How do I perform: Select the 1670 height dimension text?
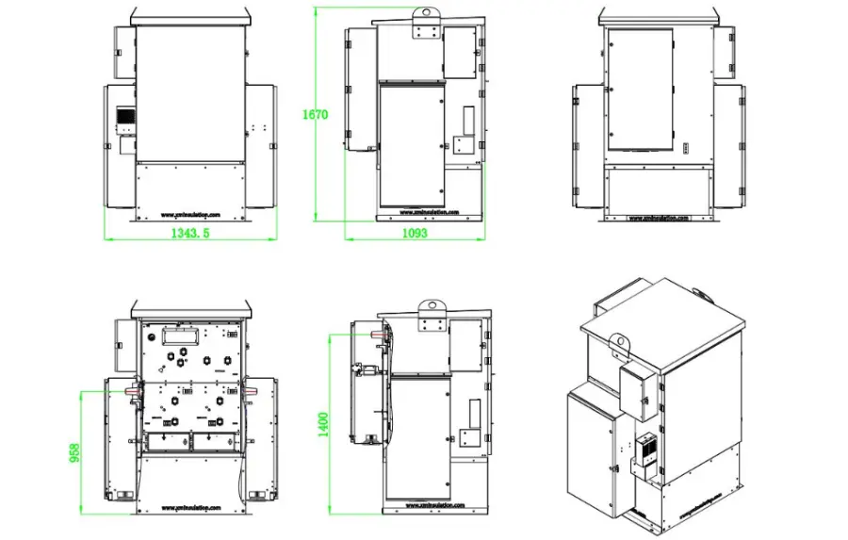tap(315, 115)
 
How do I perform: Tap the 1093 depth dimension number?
tap(416, 233)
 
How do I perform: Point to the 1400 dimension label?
tap(324, 423)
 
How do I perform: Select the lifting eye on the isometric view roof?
tap(619, 341)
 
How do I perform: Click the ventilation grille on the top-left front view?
tap(124, 117)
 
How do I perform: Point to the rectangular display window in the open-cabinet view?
tap(178, 334)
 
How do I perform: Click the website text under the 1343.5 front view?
tap(188, 214)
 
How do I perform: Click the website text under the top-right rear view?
tap(660, 217)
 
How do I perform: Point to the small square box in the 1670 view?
tap(462, 144)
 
